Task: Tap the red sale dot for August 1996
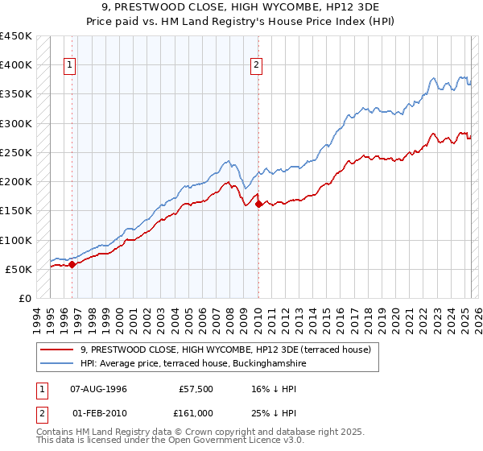(72, 263)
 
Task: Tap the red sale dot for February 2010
(258, 205)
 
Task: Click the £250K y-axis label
(16, 152)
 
